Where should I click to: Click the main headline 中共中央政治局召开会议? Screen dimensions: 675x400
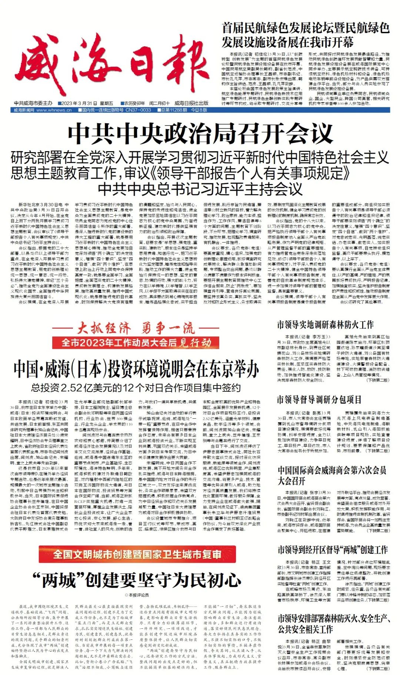pos(200,134)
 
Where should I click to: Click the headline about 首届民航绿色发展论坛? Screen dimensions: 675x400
pos(306,35)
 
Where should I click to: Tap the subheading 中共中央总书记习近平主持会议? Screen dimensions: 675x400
pos(200,189)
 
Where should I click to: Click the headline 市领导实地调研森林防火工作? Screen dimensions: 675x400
pos(325,325)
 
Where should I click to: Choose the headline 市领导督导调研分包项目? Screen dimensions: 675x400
pos(319,400)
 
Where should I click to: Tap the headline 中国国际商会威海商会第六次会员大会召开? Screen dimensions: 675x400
pos(332,475)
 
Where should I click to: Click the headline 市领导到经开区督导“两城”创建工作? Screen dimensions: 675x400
pos(333,549)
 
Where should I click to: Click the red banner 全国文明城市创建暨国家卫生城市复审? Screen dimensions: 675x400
pos(137,554)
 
